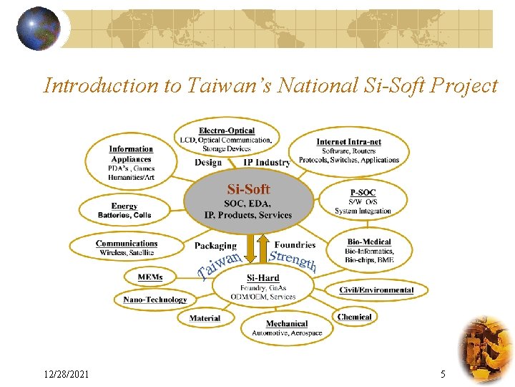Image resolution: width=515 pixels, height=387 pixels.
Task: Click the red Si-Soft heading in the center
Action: (x=248, y=189)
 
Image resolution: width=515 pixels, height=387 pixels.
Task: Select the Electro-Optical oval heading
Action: (x=227, y=130)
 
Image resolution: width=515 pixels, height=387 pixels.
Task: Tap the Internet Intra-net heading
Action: (x=348, y=142)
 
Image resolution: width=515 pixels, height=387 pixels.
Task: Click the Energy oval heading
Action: (x=124, y=206)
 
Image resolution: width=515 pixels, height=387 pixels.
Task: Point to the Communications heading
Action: (x=127, y=244)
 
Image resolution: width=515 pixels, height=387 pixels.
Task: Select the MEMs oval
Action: (x=150, y=277)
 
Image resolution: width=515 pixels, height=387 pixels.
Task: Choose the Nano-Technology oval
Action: (x=155, y=300)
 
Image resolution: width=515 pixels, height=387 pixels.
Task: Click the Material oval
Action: (x=205, y=318)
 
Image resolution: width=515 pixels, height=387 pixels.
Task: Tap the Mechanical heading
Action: (x=287, y=324)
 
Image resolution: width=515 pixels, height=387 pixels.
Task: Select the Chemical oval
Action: (x=355, y=317)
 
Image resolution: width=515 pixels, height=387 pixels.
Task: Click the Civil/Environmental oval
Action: (x=376, y=290)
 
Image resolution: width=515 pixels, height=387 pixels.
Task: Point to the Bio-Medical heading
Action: (x=369, y=242)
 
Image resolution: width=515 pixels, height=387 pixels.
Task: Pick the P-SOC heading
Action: (x=363, y=193)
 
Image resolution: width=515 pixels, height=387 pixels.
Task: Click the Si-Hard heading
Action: (x=263, y=278)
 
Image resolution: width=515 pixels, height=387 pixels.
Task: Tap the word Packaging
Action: (x=215, y=246)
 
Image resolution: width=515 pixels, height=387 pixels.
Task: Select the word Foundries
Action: (x=295, y=245)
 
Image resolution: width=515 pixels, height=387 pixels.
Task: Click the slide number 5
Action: (x=443, y=374)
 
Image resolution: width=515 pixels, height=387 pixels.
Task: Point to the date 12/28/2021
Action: (x=66, y=374)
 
